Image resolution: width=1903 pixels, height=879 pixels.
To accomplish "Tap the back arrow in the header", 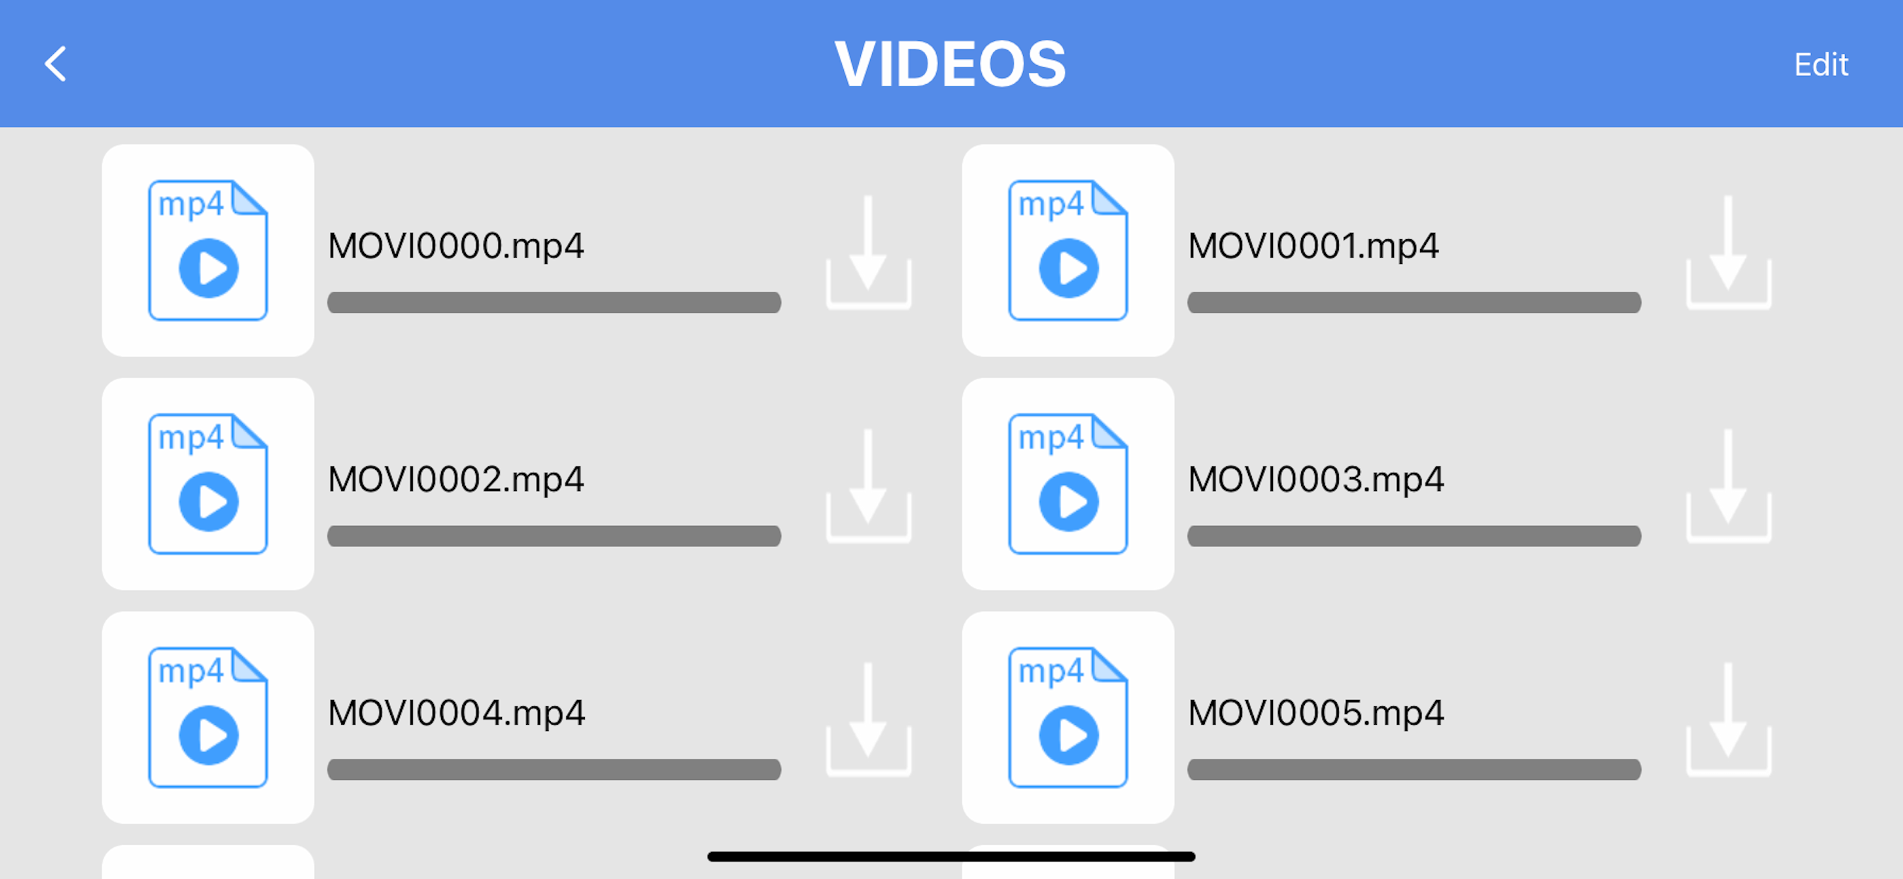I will [x=55, y=64].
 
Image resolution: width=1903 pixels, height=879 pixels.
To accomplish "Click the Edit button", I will [x=1821, y=65].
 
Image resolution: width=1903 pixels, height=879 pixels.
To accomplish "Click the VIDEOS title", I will [x=951, y=64].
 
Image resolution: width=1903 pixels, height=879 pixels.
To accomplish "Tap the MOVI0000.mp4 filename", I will [x=456, y=246].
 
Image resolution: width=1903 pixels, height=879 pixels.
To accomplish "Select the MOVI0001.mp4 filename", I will [x=1313, y=246].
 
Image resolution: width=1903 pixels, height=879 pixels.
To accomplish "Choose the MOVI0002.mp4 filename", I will [x=456, y=478].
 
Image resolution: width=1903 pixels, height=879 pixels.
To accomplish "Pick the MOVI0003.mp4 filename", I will [x=1315, y=478].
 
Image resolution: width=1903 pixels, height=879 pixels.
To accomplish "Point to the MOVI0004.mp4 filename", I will [x=457, y=712].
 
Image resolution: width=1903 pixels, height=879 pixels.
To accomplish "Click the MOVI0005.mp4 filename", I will [x=1315, y=712].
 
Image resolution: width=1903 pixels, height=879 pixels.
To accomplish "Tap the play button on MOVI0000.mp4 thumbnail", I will [x=209, y=268].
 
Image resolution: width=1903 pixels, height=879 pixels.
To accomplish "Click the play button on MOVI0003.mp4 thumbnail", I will [x=1068, y=502].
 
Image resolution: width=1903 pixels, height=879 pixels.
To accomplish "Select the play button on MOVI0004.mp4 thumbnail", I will [x=209, y=735].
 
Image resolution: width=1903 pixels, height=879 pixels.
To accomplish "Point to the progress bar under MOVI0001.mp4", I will [x=1414, y=302].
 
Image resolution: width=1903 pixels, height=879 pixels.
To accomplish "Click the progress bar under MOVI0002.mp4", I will [x=554, y=536].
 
